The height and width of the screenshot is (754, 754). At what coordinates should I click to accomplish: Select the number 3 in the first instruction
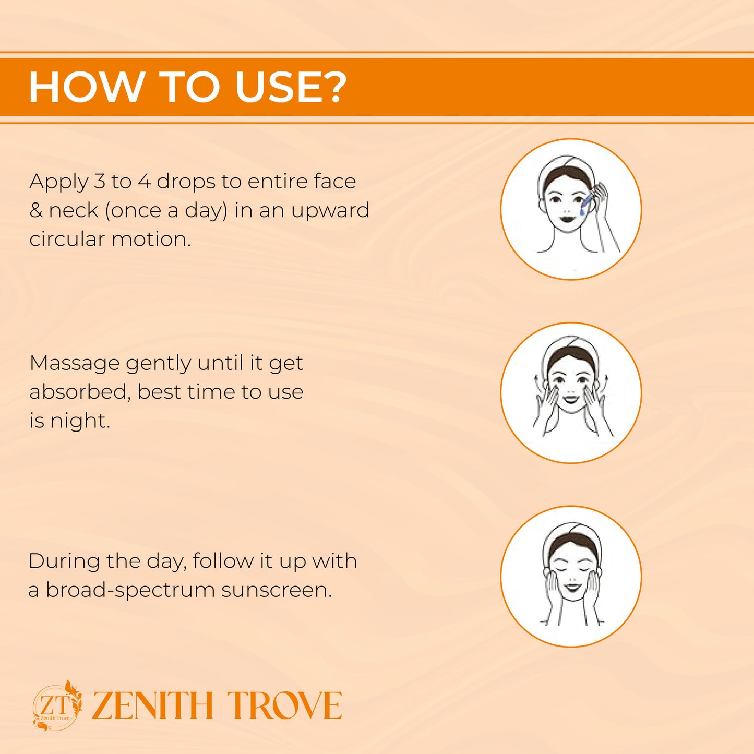(x=99, y=182)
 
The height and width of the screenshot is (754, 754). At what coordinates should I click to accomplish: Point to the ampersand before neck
(x=37, y=210)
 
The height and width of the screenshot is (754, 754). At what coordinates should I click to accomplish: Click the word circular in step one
(x=67, y=239)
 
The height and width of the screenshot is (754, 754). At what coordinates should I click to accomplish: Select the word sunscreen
(x=276, y=591)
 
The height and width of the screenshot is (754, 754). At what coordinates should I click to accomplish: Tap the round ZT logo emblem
(x=57, y=706)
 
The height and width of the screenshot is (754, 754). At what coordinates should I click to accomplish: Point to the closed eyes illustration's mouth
(x=571, y=587)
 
